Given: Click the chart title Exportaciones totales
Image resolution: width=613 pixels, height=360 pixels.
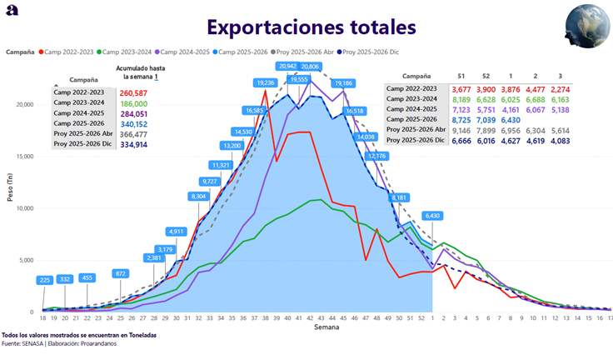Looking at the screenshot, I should click(x=311, y=27).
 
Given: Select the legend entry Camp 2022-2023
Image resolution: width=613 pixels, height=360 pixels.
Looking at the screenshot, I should click(x=64, y=52).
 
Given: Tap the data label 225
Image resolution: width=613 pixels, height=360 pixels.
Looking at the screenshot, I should click(x=45, y=281).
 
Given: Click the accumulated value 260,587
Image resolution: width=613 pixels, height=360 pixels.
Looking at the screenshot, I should click(x=133, y=93).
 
